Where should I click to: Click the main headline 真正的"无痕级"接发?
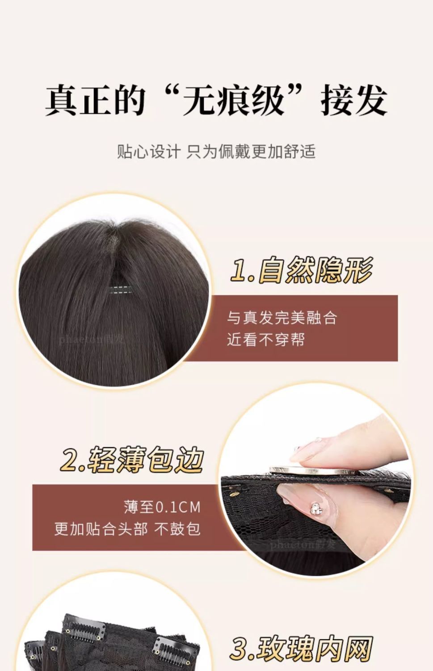(x=216, y=100)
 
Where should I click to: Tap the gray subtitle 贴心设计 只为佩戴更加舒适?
(x=216, y=151)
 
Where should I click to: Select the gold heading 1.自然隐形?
(x=302, y=270)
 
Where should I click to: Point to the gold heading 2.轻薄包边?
(x=132, y=459)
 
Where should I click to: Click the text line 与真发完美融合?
(x=282, y=318)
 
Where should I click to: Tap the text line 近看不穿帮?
(x=266, y=340)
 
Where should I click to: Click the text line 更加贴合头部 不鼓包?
(x=127, y=529)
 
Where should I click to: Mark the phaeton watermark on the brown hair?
(x=92, y=340)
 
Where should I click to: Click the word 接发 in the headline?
(x=354, y=100)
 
